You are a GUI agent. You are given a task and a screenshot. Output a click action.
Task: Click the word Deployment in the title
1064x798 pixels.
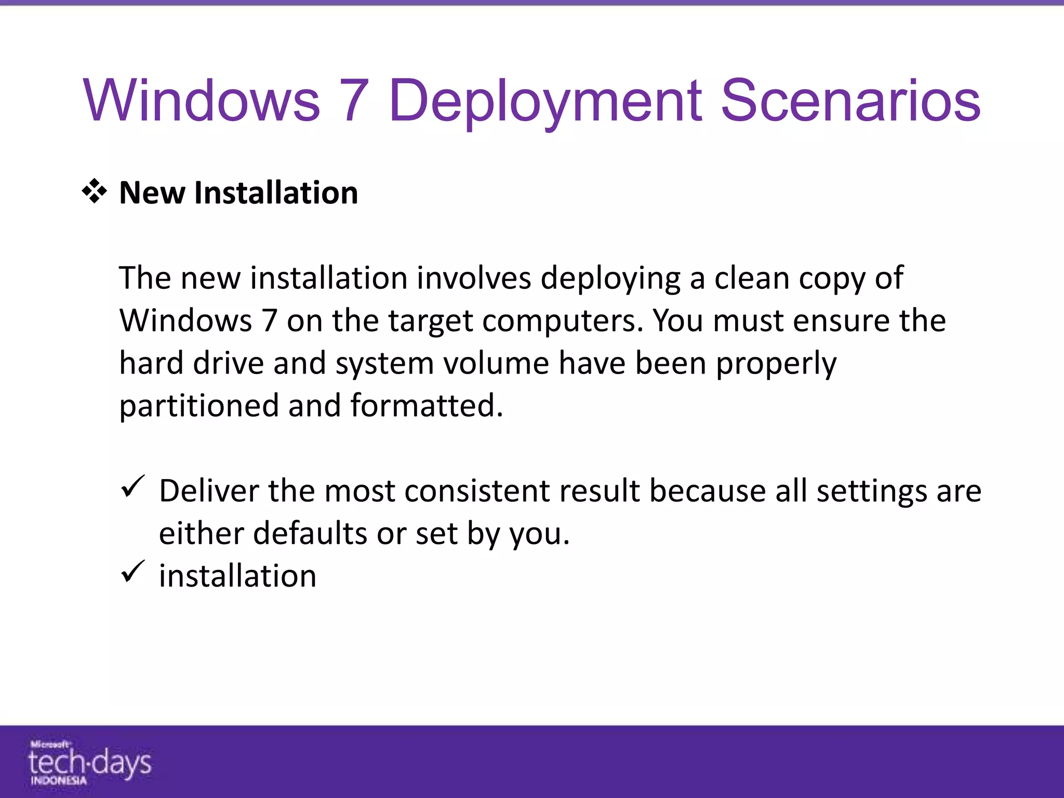(x=545, y=101)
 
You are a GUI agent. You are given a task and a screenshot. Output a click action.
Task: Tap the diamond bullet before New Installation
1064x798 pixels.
(x=95, y=192)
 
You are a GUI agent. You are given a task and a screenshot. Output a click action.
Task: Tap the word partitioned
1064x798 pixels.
(x=199, y=406)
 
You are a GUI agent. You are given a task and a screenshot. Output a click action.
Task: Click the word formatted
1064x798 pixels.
(x=427, y=405)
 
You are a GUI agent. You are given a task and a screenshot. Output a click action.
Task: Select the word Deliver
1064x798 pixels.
(x=209, y=490)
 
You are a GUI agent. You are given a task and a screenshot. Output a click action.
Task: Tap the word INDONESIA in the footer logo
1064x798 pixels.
(x=58, y=780)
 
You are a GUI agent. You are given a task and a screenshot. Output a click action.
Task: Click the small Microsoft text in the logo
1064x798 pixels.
(x=50, y=744)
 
